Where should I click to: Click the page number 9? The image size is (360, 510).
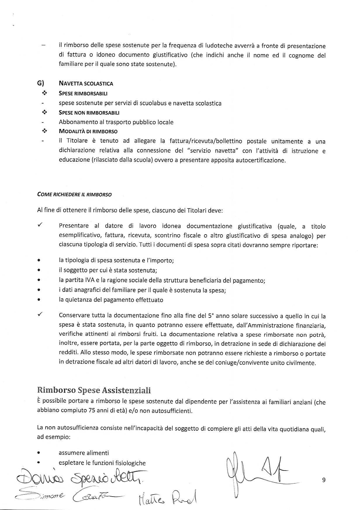point(323,480)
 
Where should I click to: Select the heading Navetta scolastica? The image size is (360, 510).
point(86,84)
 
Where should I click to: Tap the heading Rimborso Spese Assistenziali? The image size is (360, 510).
point(94,390)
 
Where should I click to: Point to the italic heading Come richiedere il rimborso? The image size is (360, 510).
point(74,194)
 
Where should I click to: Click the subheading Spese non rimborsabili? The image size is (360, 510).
point(89,113)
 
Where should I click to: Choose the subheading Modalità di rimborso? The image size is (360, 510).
point(88,131)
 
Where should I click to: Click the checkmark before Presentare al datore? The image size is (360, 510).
point(40,225)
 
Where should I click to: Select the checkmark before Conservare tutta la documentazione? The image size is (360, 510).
point(40,314)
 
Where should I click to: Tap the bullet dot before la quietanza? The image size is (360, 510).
point(39,300)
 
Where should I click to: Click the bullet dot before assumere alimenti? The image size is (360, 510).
point(39,453)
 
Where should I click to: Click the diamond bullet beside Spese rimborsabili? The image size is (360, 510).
point(44,93)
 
